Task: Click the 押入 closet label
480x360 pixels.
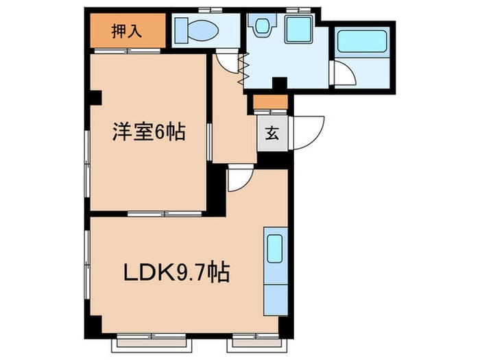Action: click(127, 32)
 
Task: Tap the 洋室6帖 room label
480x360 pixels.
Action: click(149, 132)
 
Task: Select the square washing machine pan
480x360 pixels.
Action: click(298, 29)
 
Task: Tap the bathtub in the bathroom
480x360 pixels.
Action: click(363, 40)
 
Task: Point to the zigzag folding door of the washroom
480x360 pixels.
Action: click(241, 69)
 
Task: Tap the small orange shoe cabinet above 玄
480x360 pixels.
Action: click(272, 103)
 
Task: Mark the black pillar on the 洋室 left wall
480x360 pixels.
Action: click(95, 97)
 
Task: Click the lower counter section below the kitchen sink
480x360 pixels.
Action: click(276, 295)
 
